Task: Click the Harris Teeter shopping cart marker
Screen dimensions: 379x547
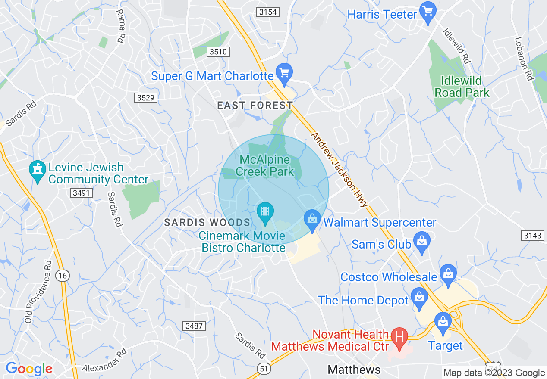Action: pos(428,13)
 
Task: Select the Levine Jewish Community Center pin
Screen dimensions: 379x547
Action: pos(38,171)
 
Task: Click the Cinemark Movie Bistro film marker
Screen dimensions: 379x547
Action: pos(265,213)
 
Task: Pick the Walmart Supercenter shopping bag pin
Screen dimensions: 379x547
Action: pos(312,221)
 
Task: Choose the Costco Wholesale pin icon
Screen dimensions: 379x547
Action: pos(448,275)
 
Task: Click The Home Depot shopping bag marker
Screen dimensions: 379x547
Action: pos(419,298)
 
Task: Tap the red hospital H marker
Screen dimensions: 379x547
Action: pos(399,338)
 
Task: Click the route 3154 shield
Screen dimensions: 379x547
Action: pos(267,12)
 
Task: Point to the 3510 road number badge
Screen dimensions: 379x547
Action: pos(218,52)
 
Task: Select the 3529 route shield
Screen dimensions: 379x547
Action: pos(145,98)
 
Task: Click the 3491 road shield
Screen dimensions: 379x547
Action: pos(81,193)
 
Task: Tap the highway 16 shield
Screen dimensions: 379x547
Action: pos(63,276)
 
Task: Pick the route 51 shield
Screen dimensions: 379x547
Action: pos(263,368)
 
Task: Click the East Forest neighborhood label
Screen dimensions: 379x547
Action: pos(255,105)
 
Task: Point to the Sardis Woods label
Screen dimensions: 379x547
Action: pos(207,223)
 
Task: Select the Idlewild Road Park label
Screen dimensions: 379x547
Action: pos(462,87)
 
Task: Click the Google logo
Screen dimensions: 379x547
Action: pos(29,369)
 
